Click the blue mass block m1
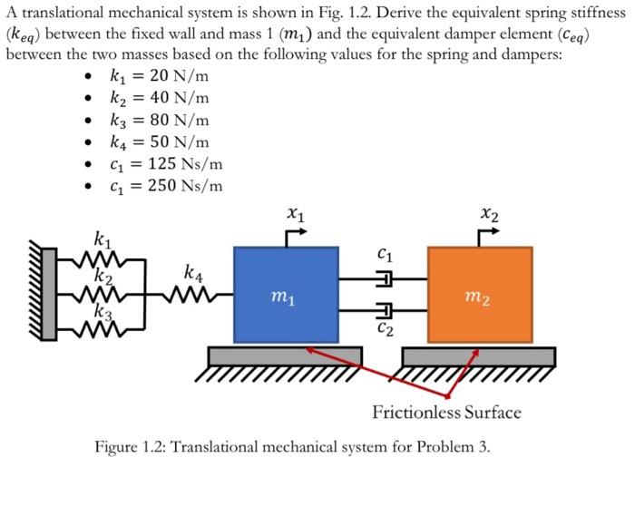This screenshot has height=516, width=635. (286, 294)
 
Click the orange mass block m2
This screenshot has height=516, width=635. (480, 294)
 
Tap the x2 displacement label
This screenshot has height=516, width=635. (489, 215)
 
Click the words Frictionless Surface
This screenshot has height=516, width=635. (446, 414)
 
